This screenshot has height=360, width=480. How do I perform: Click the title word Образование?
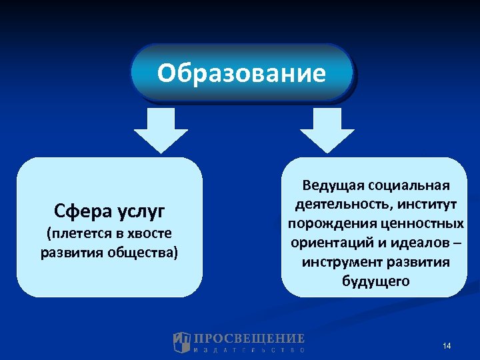tap(241, 73)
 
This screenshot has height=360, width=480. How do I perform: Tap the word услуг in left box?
tap(141, 212)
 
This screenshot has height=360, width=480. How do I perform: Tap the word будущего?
tap(375, 281)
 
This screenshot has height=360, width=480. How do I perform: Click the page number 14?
tap(447, 345)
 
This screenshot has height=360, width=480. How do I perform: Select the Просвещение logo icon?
tap(181, 342)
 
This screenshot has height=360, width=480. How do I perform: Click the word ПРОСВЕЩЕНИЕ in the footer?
tap(249, 338)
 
